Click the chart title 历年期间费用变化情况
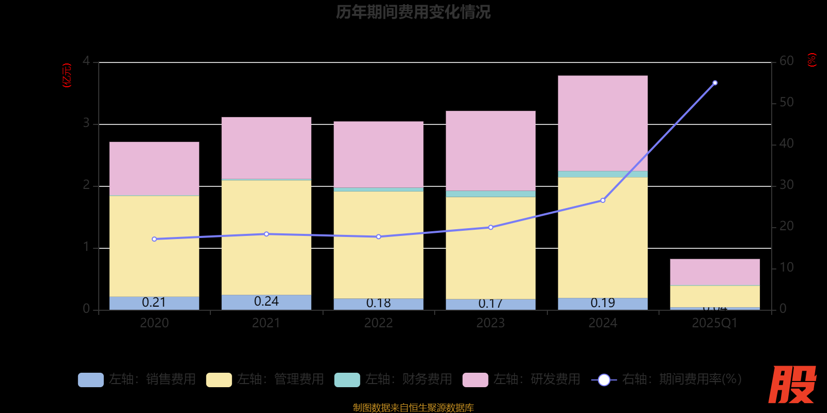coord(413,12)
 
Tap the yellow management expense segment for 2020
coord(154,246)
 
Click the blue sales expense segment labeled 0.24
coord(266,302)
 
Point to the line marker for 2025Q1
coord(715,83)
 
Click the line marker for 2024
coord(603,200)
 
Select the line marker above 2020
coord(154,239)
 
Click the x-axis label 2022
coord(378,323)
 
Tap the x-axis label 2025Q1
coord(715,323)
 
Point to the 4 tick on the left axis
coord(86,61)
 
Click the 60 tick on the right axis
coord(786,61)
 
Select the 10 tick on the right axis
coord(786,267)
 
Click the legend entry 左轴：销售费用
coord(137,379)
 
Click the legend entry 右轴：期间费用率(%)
coord(667,379)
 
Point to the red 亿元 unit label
coord(67,75)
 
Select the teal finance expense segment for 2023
coord(491,194)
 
